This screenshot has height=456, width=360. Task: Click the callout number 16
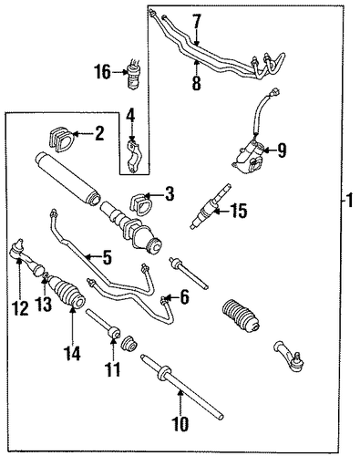tap(102, 72)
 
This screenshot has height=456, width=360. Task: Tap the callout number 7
tap(197, 21)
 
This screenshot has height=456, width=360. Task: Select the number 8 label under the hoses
tap(197, 83)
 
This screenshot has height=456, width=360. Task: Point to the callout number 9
tap(282, 150)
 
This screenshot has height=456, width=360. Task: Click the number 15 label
tap(239, 211)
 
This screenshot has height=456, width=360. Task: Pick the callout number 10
tap(180, 423)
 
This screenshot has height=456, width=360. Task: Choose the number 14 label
tap(72, 353)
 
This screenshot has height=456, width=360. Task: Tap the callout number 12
tap(21, 308)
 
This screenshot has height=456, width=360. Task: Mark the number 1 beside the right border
tap(350, 201)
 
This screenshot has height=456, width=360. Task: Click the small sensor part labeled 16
tap(134, 74)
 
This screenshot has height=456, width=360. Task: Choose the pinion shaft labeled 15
tap(211, 206)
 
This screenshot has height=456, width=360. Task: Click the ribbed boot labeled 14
tap(67, 291)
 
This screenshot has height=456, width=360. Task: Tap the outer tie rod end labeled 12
tap(27, 257)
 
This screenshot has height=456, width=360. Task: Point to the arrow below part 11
tap(113, 350)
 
